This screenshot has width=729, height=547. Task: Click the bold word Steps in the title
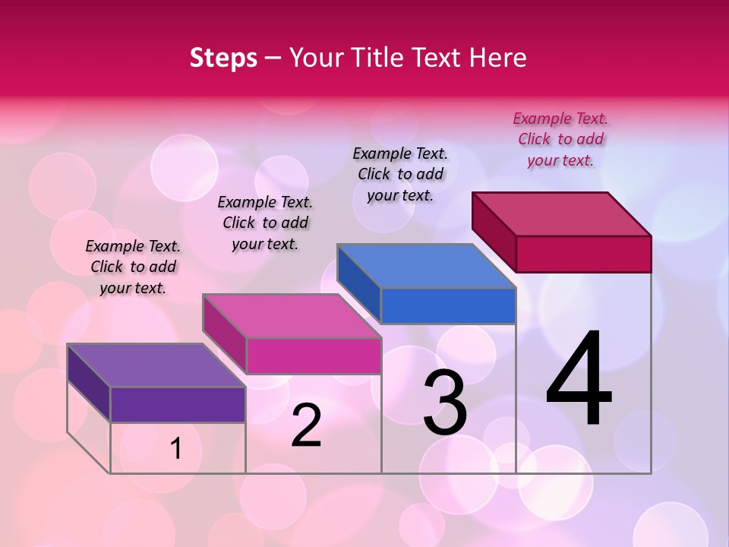[223, 58]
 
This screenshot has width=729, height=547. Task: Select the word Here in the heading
[498, 58]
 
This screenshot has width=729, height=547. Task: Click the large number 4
[579, 380]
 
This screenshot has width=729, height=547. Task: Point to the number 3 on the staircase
[444, 403]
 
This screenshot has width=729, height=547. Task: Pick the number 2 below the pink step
[306, 425]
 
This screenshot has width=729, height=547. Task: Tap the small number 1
[175, 449]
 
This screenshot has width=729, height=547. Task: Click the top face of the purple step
[156, 365]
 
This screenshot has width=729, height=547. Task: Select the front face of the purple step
[178, 404]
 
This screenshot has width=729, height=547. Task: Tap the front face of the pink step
[313, 356]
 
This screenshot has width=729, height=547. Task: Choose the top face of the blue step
[426, 266]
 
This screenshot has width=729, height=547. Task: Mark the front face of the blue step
[448, 305]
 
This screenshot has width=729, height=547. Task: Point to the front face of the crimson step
[583, 254]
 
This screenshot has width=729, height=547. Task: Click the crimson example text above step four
[560, 139]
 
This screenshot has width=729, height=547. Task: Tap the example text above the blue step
[400, 174]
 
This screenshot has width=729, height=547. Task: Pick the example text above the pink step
[265, 223]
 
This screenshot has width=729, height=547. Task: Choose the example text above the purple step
[133, 267]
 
